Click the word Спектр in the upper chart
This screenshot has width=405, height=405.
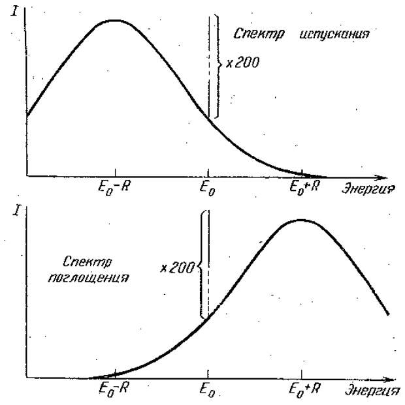tap(250, 34)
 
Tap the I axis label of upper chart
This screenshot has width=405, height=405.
tap(14, 11)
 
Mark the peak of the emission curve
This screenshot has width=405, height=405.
tap(115, 20)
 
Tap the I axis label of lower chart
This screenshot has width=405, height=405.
tap(9, 213)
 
